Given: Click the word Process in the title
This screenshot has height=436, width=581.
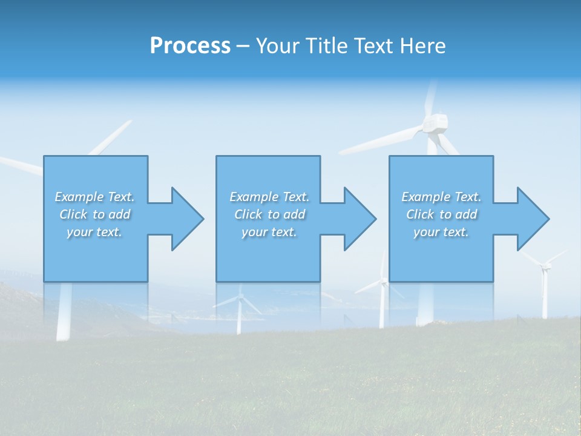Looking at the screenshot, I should pos(190,46).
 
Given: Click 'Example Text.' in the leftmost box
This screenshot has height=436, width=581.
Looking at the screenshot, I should pos(94,197).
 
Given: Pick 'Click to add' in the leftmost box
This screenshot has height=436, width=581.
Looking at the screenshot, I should pos(94,214).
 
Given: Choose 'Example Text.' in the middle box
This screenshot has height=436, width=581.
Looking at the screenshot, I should pos(269,197).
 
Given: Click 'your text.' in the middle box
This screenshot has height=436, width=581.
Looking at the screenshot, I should pos(269,232).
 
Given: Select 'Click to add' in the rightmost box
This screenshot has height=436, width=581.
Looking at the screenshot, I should pos(441,214).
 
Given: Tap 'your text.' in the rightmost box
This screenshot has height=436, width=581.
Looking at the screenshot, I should pos(441,232).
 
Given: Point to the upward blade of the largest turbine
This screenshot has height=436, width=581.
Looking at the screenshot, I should pos(430,97).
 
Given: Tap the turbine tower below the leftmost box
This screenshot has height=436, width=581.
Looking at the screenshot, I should pos(64,312).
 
